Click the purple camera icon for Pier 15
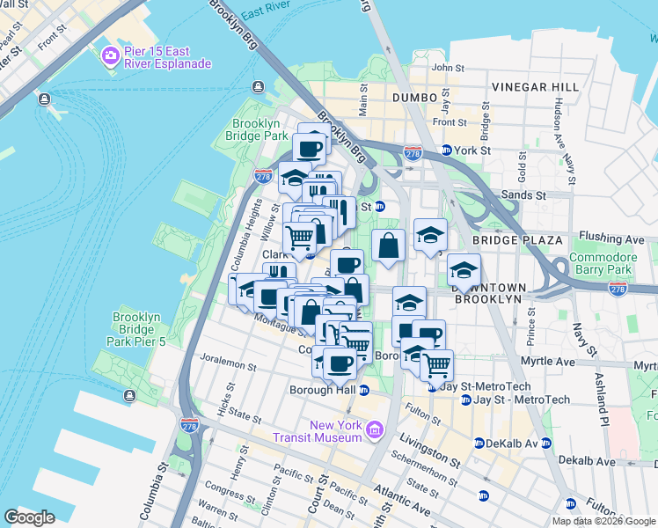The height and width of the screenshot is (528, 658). click(111, 56)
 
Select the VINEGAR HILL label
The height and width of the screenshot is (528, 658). click(535, 87)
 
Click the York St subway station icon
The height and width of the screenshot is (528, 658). click(446, 150)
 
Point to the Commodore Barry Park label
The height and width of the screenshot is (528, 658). click(603, 264)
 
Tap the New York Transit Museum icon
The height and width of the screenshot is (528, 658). click(375, 430)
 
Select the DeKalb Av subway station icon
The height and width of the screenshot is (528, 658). click(479, 443)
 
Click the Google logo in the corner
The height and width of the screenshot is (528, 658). click(30, 517)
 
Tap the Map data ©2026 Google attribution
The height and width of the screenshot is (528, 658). click(603, 521)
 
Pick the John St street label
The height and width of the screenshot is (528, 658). click(448, 68)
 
